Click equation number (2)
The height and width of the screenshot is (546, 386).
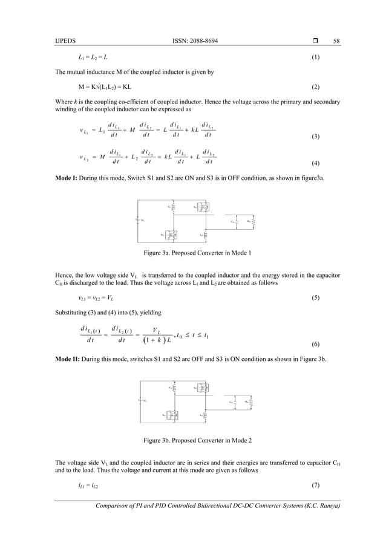point(315,86)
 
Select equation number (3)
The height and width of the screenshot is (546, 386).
point(315,137)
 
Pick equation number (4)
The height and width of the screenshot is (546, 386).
point(315,164)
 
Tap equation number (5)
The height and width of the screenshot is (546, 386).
point(315,299)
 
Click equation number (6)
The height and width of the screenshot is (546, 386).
point(315,343)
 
